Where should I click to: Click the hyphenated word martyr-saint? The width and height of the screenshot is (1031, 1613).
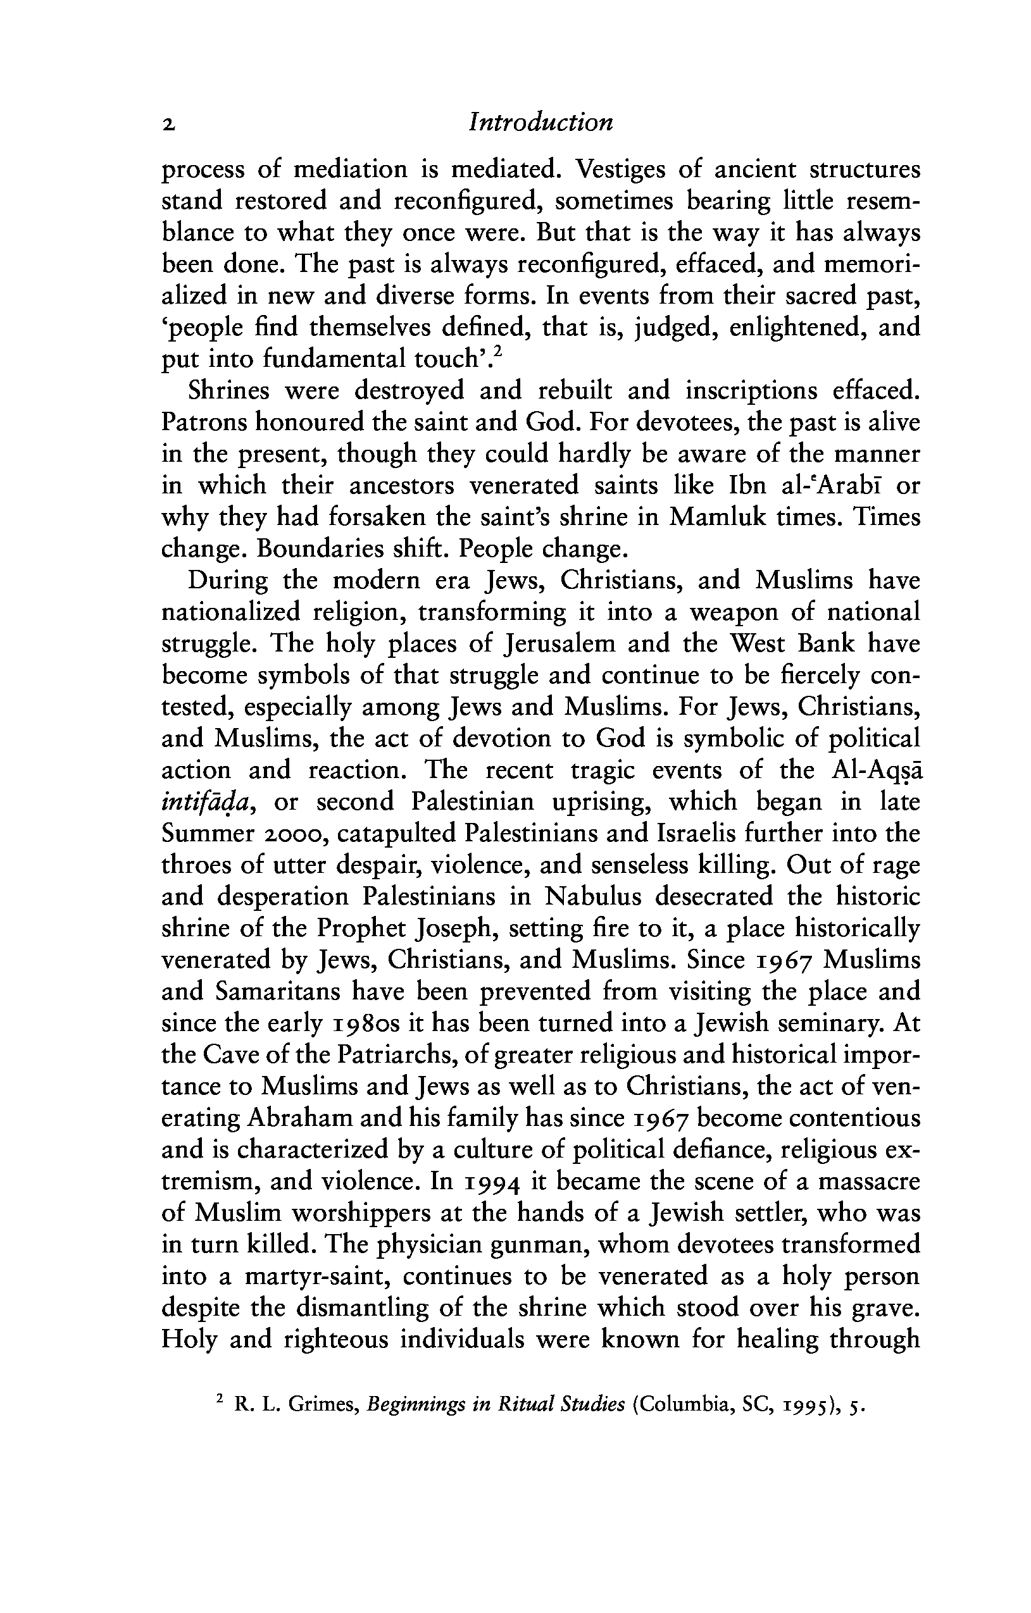coord(315,1276)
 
